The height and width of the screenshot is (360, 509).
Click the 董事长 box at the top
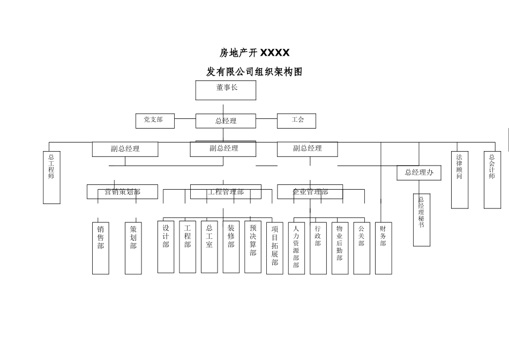[226, 90]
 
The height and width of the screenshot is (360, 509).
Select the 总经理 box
[226, 121]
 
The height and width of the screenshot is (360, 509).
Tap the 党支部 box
[156, 121]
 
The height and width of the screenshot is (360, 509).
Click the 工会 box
[296, 121]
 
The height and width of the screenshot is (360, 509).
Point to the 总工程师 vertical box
[51, 177]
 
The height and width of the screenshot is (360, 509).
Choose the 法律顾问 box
[460, 179]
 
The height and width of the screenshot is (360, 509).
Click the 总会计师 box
[492, 179]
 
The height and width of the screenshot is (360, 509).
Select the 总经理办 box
[419, 172]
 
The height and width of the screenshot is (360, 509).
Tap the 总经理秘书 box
[422, 220]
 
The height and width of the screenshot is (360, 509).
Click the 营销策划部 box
[123, 192]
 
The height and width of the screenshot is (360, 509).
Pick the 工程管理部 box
[226, 192]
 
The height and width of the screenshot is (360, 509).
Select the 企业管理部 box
[310, 192]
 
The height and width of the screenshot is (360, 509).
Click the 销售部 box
[101, 247]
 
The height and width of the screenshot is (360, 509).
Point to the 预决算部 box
[253, 246]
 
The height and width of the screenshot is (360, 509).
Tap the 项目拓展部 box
[275, 247]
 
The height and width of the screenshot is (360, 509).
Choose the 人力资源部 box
[296, 247]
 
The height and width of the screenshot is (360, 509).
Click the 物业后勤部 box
[340, 247]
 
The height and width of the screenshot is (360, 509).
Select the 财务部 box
[383, 247]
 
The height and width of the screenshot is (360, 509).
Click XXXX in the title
[275, 52]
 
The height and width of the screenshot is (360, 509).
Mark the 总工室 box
[209, 246]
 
